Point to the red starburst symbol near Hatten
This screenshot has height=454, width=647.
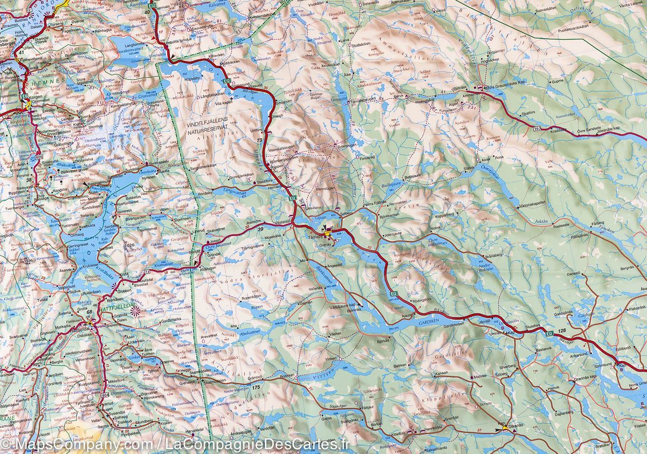(135, 310)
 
